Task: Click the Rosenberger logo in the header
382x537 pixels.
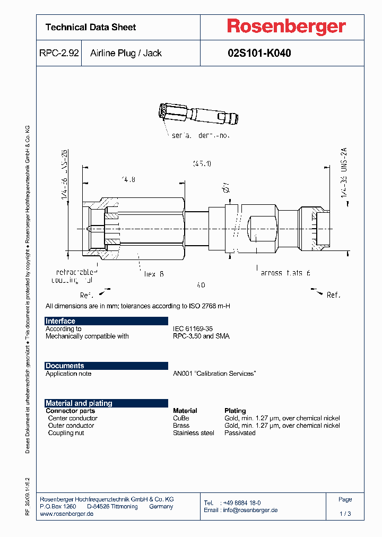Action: point(286,27)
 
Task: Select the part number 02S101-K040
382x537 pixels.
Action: point(259,53)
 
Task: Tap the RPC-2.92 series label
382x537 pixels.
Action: point(59,53)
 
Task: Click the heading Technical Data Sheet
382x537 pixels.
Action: point(91,27)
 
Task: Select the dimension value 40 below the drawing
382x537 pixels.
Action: point(200,285)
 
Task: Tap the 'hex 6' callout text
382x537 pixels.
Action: point(154,274)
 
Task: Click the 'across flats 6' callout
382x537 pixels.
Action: point(285,273)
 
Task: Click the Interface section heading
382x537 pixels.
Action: point(60,321)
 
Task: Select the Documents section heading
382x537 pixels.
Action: point(65,366)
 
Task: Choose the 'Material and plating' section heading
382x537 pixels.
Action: point(79,403)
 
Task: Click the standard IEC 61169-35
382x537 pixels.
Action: point(193,329)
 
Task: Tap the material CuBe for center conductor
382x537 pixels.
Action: point(181,418)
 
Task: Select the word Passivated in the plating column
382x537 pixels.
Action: point(240,433)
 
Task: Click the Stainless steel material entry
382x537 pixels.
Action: point(194,433)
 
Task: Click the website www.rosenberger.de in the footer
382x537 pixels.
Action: point(67,514)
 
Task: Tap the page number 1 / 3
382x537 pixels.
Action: point(345,514)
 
